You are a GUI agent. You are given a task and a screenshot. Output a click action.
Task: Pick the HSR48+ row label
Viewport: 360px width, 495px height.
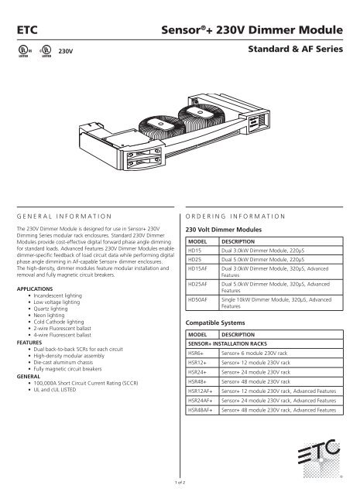[x=197, y=379]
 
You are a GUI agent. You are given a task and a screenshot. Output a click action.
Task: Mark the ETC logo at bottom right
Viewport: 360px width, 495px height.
[x=318, y=457]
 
